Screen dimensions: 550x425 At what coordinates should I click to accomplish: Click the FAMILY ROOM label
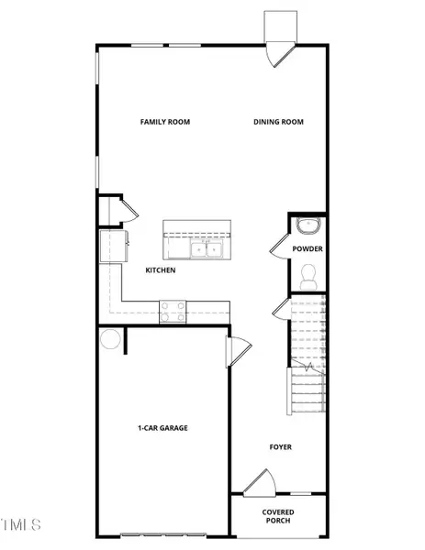coord(165,122)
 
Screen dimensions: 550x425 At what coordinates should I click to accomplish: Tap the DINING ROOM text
coord(278,122)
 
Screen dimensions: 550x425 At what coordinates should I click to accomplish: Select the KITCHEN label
coord(161,270)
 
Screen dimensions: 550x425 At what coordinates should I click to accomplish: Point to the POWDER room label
coord(308,248)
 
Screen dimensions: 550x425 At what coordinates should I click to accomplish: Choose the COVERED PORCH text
coord(278,517)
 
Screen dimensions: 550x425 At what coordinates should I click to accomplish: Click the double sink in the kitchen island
coord(206,247)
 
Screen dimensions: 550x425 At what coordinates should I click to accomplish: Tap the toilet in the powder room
coord(308,273)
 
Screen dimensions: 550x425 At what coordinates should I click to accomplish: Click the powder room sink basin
coord(308,225)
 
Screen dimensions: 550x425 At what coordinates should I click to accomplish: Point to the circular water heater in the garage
coord(108,338)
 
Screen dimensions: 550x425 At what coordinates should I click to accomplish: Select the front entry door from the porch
coord(259,483)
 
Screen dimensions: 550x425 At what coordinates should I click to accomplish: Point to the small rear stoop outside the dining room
coord(278,25)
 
